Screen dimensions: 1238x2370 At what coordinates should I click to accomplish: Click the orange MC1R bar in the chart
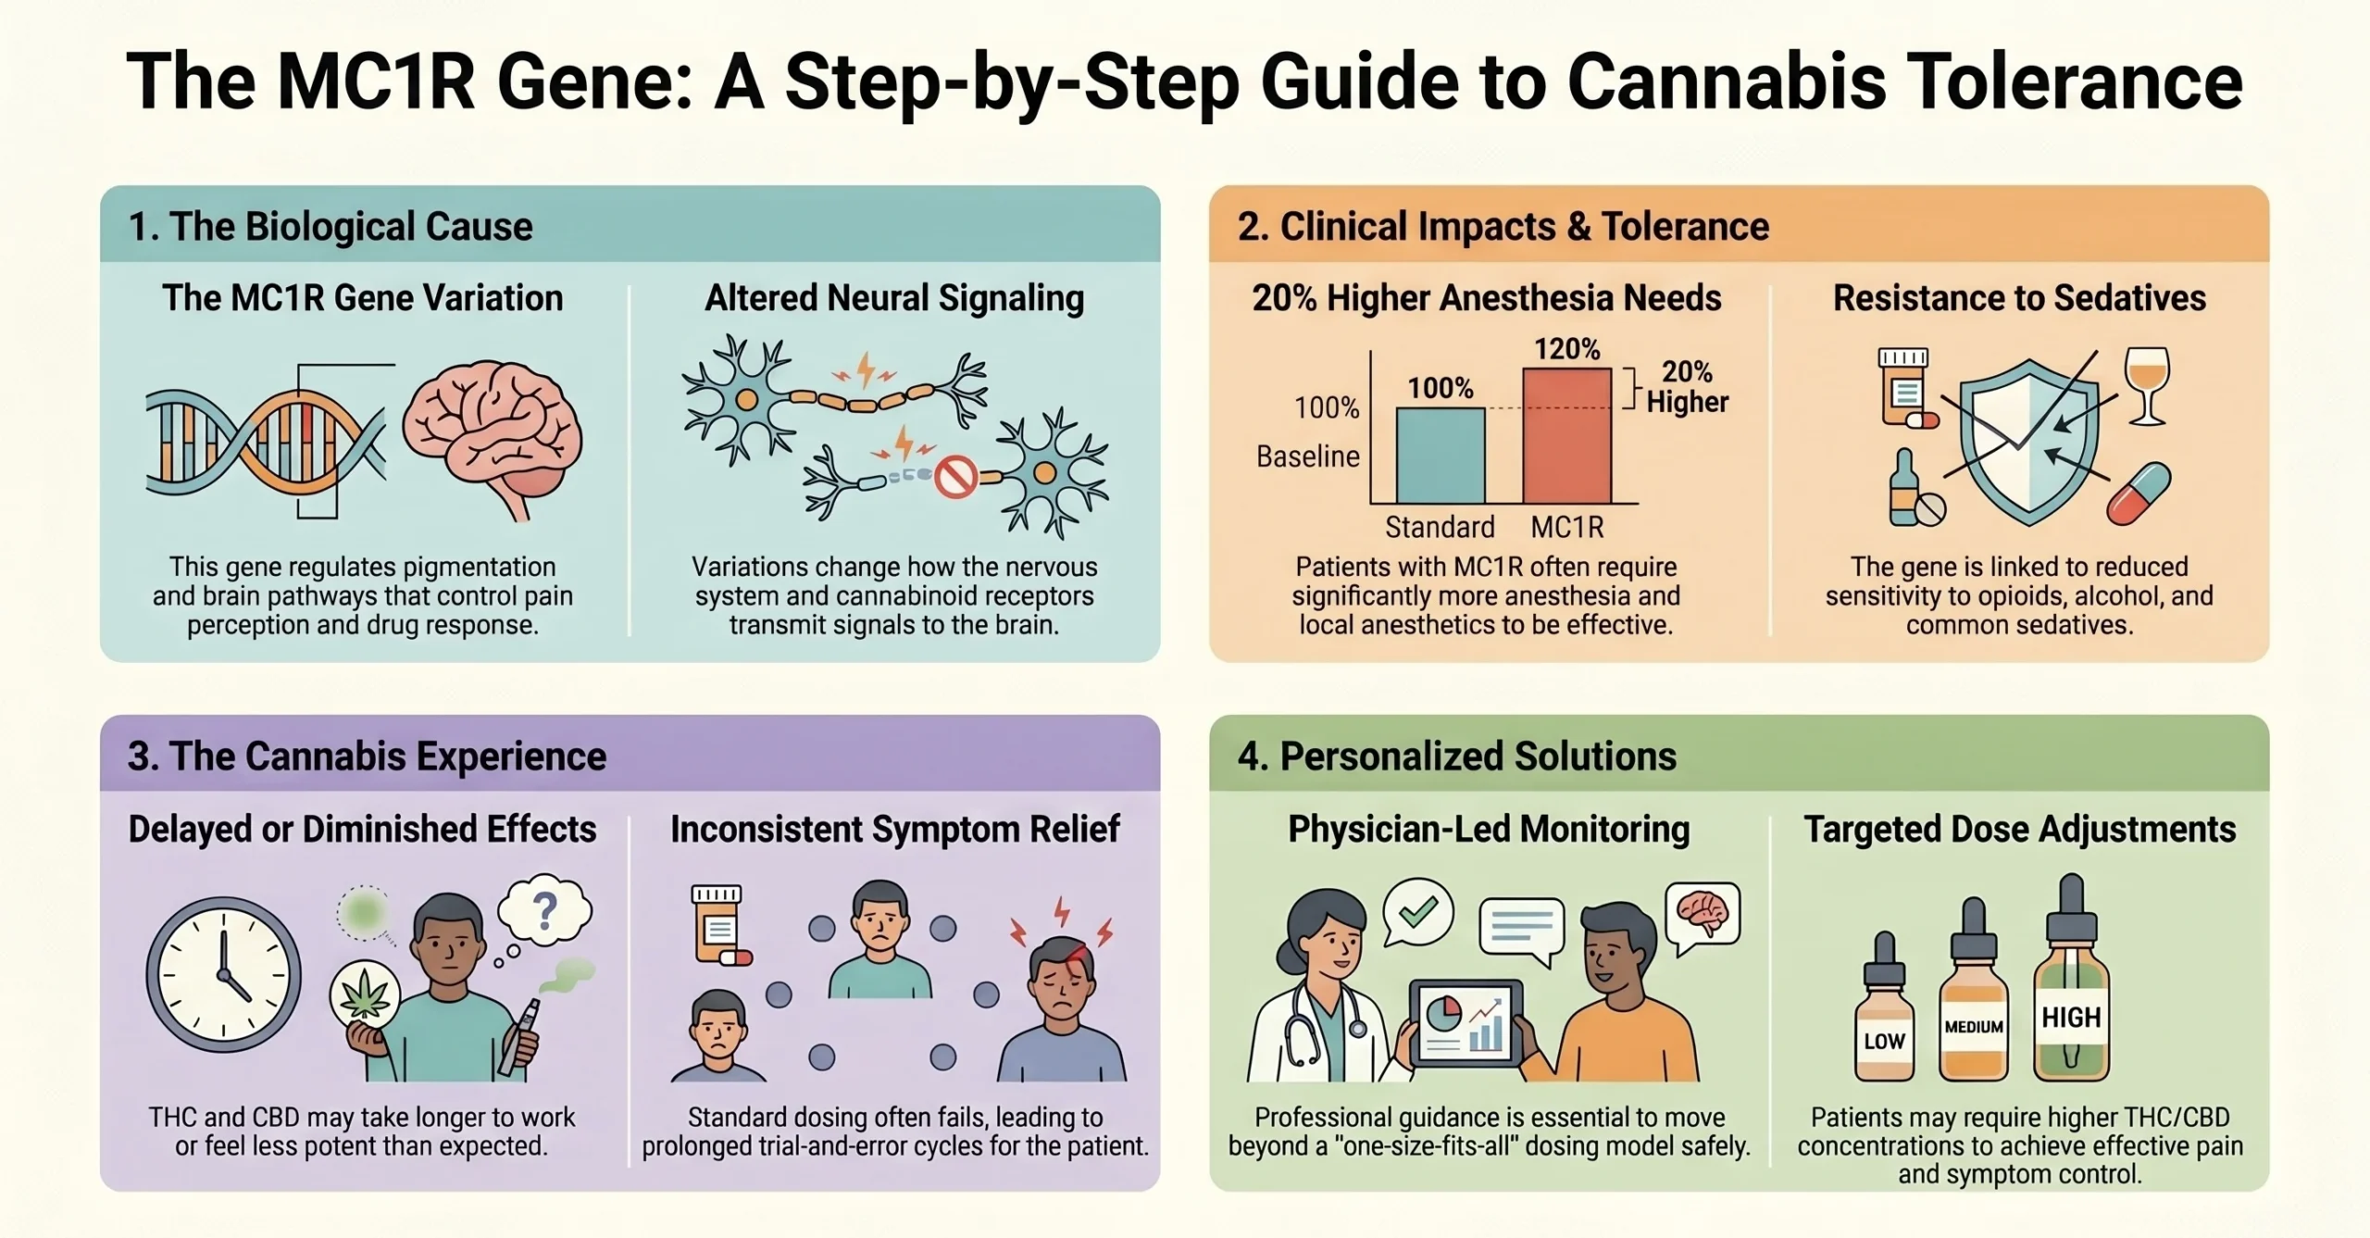point(1566,435)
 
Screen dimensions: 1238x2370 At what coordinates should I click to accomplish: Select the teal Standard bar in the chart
point(1440,456)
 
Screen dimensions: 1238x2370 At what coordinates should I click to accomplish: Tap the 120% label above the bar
point(1566,349)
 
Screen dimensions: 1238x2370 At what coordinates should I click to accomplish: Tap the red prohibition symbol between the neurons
point(955,478)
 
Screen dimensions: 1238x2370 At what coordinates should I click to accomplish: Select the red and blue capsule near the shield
point(2139,493)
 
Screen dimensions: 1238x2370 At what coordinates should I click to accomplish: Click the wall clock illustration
point(224,974)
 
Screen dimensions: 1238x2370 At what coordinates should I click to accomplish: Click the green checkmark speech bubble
point(1417,912)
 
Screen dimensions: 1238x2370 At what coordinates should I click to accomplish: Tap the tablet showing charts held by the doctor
point(1465,1023)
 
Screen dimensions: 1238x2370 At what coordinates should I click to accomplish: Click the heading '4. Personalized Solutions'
point(1456,757)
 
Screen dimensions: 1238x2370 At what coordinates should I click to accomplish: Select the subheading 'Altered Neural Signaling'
point(894,298)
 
